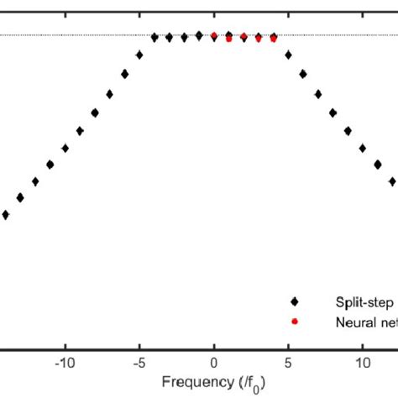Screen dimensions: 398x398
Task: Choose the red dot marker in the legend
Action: [x=294, y=322]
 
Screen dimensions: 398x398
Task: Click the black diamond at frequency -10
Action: [x=65, y=148]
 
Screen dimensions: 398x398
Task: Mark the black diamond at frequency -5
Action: [x=139, y=55]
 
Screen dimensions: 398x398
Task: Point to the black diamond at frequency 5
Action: [x=288, y=55]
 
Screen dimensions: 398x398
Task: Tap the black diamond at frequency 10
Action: [x=363, y=148]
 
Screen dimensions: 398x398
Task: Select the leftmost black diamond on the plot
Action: [x=5, y=215]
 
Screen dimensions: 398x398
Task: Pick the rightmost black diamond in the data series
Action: [x=392, y=181]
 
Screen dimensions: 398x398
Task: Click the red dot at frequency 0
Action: [x=214, y=36]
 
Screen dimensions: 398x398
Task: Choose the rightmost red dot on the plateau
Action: [x=274, y=38]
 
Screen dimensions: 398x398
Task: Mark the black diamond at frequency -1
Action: [x=199, y=35]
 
